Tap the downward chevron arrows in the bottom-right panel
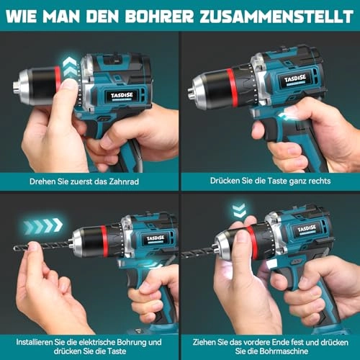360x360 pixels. (238, 210)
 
